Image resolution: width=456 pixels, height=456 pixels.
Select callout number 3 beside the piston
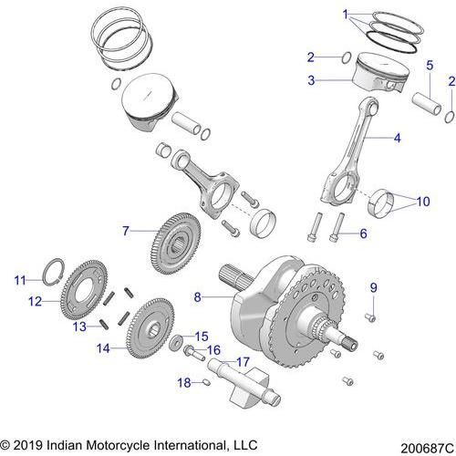point(311,80)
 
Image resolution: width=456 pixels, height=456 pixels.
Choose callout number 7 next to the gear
point(126,231)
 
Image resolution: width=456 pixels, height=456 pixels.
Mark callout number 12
point(32,300)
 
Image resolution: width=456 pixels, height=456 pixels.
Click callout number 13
point(80,326)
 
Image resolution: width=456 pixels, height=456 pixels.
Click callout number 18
point(184,383)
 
